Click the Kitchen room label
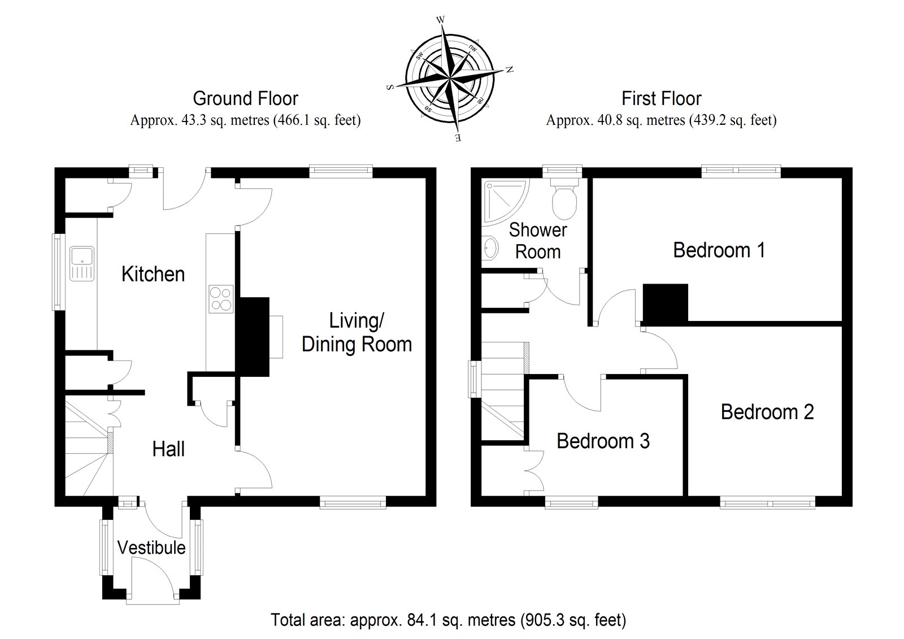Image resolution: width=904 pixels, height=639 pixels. pos(153,275)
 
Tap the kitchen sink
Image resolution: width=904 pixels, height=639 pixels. pos(82,263)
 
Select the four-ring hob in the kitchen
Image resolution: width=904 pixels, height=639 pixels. pos(221,299)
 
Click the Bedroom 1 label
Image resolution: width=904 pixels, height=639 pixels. pos(719,250)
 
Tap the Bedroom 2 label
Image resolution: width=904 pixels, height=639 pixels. pos(767,412)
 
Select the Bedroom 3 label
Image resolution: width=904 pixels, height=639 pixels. pos(603,441)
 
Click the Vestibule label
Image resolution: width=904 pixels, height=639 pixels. pos(151,547)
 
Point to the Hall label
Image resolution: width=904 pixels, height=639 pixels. pos(168,449)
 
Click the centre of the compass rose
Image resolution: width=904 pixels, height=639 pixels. pos(450,79)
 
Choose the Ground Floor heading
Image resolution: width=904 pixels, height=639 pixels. pos(245,99)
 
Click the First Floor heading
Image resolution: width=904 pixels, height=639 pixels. pos(661,99)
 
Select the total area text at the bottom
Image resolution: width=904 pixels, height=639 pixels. pos(449,620)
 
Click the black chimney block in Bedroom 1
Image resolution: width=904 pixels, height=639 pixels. pos(666,303)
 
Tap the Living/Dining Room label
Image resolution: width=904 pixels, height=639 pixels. pos(357,333)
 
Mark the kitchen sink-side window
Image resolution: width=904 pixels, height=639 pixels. pos(58,271)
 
